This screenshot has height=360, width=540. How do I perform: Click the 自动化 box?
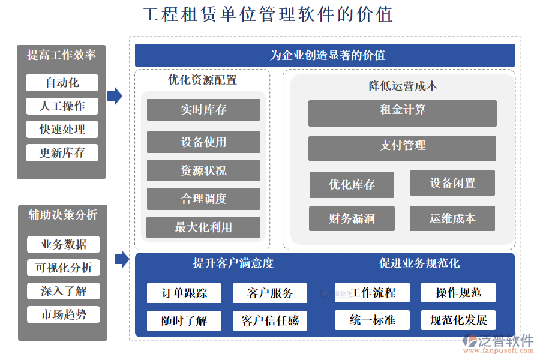click(62, 83)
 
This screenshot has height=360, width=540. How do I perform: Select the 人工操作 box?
click(62, 106)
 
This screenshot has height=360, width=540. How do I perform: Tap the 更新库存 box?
click(62, 152)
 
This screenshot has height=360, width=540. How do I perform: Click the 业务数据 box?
click(63, 244)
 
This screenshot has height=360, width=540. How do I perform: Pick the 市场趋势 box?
click(63, 314)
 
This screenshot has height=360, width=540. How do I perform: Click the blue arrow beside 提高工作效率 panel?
click(115, 95)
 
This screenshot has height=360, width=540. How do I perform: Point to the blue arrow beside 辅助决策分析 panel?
click(122, 259)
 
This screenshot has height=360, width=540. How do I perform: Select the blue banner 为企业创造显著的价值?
click(325, 55)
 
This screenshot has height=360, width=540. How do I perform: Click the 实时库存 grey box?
click(203, 110)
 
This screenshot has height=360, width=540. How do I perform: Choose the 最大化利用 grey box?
click(203, 227)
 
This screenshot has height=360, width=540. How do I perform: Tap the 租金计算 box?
click(402, 113)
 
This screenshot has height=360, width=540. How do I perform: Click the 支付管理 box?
click(402, 148)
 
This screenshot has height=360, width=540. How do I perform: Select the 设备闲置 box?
click(452, 183)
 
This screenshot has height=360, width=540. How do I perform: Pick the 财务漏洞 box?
click(352, 219)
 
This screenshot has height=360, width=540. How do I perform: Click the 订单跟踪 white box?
click(184, 293)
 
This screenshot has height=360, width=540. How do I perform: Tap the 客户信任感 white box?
click(269, 320)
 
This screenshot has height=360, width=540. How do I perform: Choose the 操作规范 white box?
click(458, 293)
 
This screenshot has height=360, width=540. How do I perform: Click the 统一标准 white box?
click(372, 320)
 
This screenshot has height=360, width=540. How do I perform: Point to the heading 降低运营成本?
click(403, 86)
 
